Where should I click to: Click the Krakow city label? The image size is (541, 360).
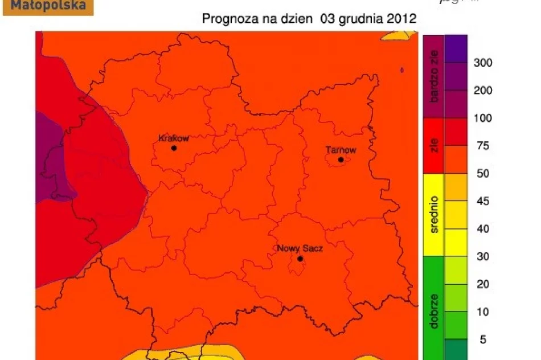click(173, 138)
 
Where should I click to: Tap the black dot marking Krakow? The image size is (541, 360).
click(174, 148)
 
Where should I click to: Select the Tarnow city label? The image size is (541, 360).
click(341, 150)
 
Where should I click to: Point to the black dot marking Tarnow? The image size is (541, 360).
click(341, 160)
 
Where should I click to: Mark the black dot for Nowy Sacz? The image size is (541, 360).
click(300, 259)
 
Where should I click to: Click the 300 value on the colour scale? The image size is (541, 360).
click(483, 63)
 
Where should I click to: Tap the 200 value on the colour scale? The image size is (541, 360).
click(483, 91)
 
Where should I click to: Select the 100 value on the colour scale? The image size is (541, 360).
click(483, 118)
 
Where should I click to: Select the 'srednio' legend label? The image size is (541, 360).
click(435, 215)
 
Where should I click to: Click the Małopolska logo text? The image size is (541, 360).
click(49, 6)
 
